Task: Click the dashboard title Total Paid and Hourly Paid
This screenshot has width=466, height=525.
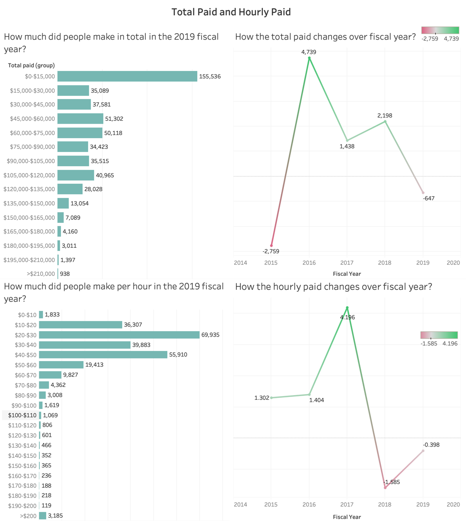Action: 231,12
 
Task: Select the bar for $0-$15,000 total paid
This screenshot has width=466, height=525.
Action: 127,76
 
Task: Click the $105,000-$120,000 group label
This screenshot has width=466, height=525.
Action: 29,175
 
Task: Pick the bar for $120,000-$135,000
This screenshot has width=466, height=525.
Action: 70,189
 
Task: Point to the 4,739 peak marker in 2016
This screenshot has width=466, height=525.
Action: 309,58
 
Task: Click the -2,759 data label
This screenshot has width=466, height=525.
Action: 271,251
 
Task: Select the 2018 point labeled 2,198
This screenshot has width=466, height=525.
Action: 385,122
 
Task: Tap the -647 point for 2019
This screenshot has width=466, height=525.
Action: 423,192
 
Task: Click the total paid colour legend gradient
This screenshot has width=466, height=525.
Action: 440,30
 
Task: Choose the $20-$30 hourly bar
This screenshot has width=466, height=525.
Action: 119,335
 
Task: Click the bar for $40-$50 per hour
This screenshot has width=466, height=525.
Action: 103,355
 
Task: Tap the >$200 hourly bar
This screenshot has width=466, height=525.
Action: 43,516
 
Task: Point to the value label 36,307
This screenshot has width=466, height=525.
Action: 133,325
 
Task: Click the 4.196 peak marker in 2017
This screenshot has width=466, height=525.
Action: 347,308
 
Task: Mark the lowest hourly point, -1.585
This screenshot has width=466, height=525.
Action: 385,487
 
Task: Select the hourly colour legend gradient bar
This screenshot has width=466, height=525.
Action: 439,335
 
